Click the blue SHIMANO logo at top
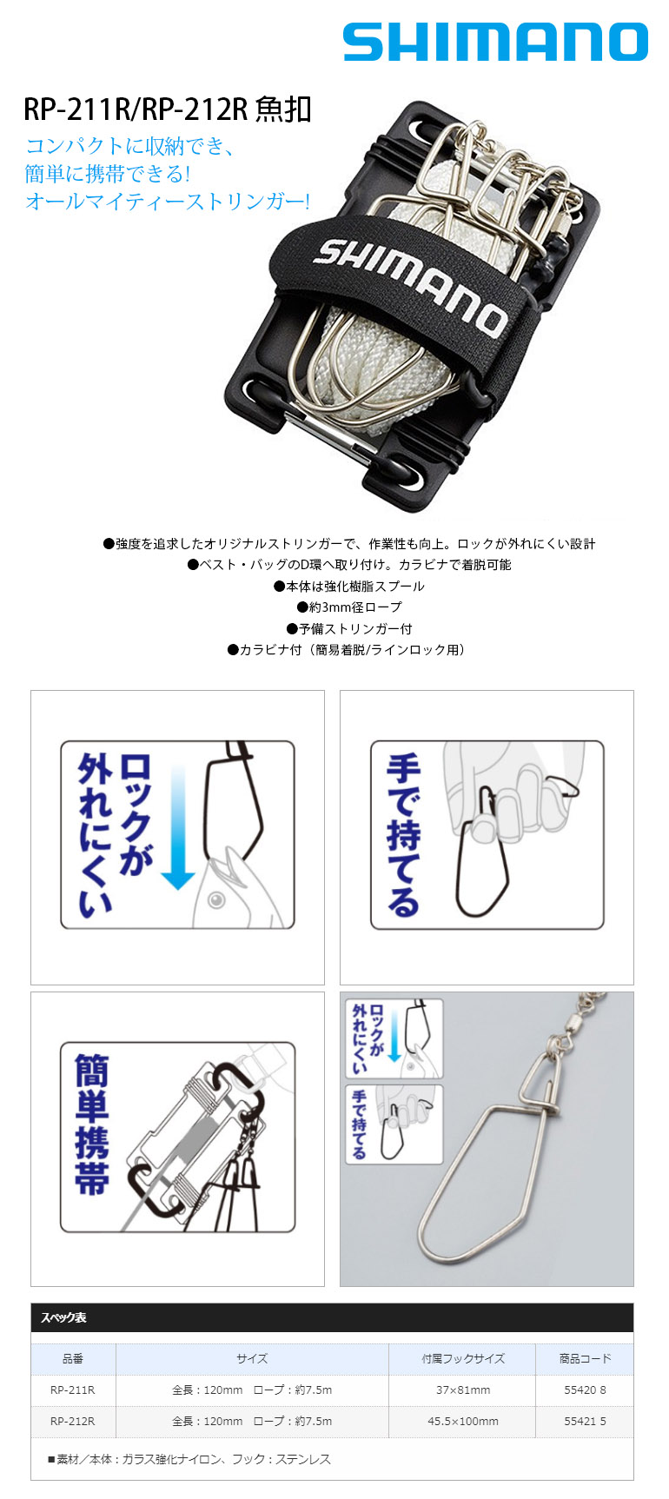(495, 43)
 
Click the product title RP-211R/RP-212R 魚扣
(168, 109)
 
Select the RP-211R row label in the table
(73, 1390)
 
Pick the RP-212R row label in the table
(73, 1421)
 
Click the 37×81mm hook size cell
(463, 1390)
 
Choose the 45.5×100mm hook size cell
(463, 1421)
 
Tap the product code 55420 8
(586, 1390)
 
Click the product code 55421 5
(586, 1421)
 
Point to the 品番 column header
(73, 1358)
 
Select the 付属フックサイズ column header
(463, 1358)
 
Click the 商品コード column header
(586, 1358)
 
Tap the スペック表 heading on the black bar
(63, 1317)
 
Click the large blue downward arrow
(178, 826)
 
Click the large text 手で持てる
(404, 835)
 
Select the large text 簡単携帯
(92, 1124)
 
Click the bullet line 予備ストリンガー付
(349, 628)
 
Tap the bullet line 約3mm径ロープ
(349, 607)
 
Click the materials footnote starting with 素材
(189, 1459)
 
